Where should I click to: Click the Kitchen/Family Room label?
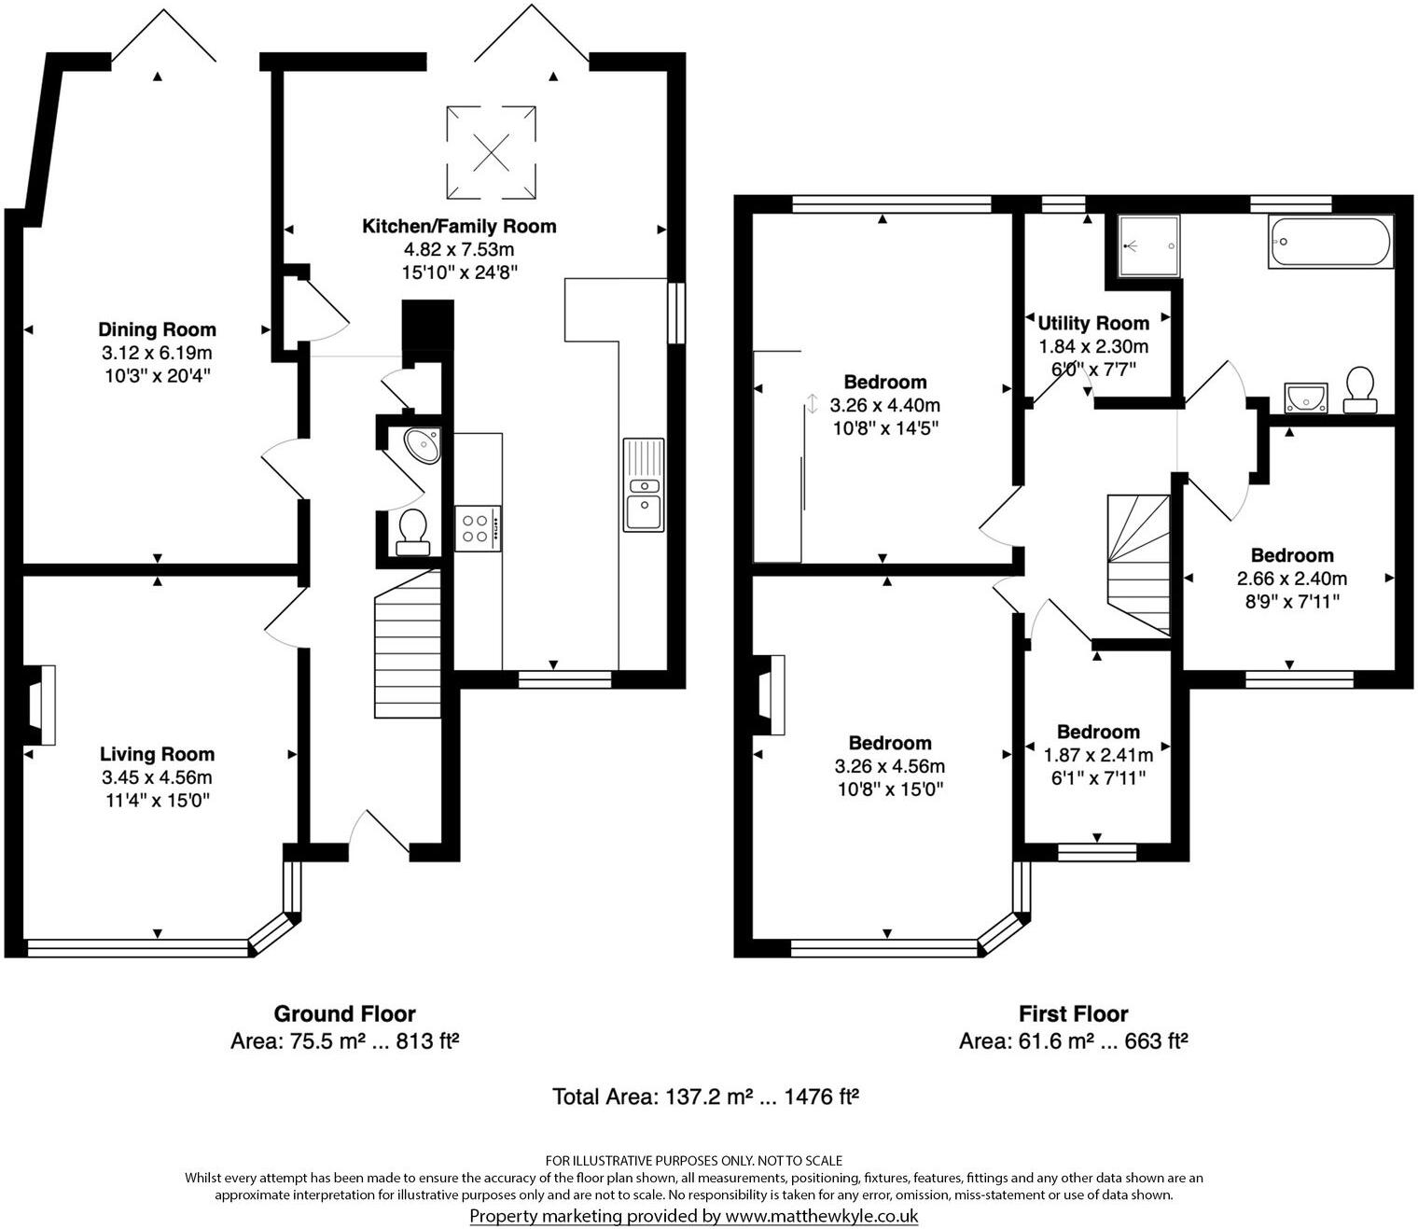tap(458, 226)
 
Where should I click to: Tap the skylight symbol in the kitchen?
tap(491, 153)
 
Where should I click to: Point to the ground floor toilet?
tap(411, 530)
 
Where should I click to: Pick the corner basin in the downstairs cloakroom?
tap(422, 445)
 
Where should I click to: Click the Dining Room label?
tap(157, 329)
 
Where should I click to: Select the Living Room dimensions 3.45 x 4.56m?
tap(157, 777)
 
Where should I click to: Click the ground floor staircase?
tap(408, 653)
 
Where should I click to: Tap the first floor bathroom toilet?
tap(1359, 389)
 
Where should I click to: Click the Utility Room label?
tap(1093, 323)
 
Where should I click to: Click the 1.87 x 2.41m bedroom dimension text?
tap(1098, 755)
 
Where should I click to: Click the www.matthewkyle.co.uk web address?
tap(822, 1216)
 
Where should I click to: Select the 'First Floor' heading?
tap(1073, 1013)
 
